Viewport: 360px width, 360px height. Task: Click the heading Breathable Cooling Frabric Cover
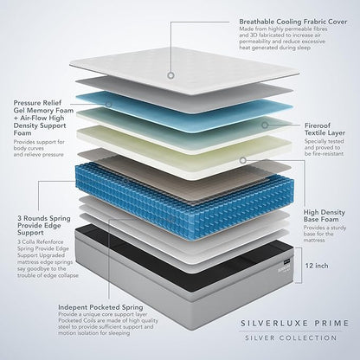point(293,22)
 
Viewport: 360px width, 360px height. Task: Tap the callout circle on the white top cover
point(171,75)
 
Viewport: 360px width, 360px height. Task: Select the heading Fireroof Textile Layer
point(325,129)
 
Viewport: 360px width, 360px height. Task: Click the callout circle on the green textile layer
point(265,125)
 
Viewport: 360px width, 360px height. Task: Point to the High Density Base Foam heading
point(325,215)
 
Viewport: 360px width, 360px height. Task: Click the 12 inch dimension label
point(317,266)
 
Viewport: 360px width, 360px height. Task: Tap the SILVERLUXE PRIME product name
point(294,323)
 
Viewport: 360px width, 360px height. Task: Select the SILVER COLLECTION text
point(291,337)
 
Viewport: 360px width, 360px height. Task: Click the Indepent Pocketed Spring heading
point(100,307)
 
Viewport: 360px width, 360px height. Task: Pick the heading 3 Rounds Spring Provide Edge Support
point(44,225)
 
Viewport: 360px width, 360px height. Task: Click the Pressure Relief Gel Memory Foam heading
point(43,118)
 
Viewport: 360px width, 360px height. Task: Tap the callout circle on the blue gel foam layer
point(108,104)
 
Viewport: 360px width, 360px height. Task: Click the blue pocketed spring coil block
point(184,202)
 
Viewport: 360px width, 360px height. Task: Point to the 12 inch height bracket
point(302,265)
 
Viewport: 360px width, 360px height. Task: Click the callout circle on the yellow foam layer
point(243,160)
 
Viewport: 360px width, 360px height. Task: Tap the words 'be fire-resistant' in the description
point(324,154)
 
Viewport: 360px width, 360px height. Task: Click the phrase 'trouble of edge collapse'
point(48,275)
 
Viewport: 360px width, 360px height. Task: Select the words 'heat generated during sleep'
point(274,48)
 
